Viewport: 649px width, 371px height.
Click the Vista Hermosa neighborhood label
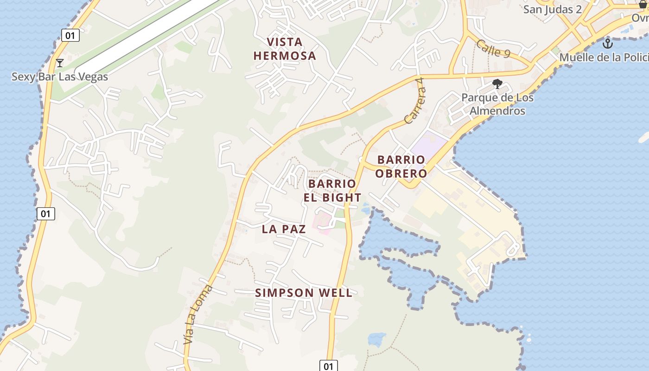click(285, 49)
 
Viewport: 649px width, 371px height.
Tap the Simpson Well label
click(304, 293)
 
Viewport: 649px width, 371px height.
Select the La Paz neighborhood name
click(284, 229)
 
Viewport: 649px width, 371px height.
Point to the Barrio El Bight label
click(332, 191)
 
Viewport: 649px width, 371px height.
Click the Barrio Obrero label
click(401, 166)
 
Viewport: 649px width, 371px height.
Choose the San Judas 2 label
click(552, 9)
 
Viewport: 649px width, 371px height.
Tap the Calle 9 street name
click(493, 49)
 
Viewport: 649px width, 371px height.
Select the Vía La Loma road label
click(198, 314)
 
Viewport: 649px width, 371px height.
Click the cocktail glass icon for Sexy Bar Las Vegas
click(59, 63)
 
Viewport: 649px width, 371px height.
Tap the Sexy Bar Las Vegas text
click(59, 77)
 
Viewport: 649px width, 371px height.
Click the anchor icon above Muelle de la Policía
click(607, 44)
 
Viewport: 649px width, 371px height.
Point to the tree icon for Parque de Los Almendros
click(497, 84)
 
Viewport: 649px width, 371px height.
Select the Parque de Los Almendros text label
click(497, 104)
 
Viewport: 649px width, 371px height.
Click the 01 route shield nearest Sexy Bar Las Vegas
click(70, 35)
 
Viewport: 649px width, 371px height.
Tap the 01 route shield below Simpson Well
click(328, 366)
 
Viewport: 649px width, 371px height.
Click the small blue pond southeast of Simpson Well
click(376, 339)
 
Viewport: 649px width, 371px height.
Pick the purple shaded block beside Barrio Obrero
click(429, 144)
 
